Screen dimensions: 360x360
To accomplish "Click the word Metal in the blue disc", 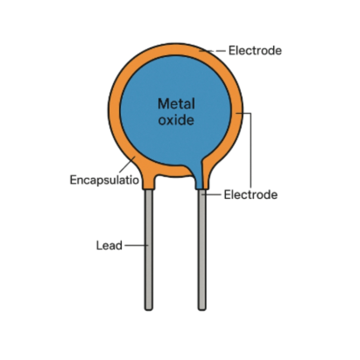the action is (176, 104).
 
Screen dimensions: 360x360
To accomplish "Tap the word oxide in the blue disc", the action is (176, 120).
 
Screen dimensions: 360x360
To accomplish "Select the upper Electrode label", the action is (255, 51).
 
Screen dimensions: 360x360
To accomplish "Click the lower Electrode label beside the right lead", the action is (251, 195).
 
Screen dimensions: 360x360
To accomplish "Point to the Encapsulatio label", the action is (104, 180).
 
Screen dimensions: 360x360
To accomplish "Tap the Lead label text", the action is (109, 246).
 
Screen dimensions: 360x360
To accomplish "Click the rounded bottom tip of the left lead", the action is (149, 309).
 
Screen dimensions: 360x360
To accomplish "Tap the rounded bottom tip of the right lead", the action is (202, 309).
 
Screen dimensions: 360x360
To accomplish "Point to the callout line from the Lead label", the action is (136, 245).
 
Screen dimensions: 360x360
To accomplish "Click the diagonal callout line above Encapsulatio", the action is (127, 166).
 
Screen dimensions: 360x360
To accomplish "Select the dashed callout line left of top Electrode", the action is (215, 51).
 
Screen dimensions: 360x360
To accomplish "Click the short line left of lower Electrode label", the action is (212, 194).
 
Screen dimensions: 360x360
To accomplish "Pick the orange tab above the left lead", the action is (149, 181).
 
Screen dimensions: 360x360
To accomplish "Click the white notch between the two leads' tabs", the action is (174, 183).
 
